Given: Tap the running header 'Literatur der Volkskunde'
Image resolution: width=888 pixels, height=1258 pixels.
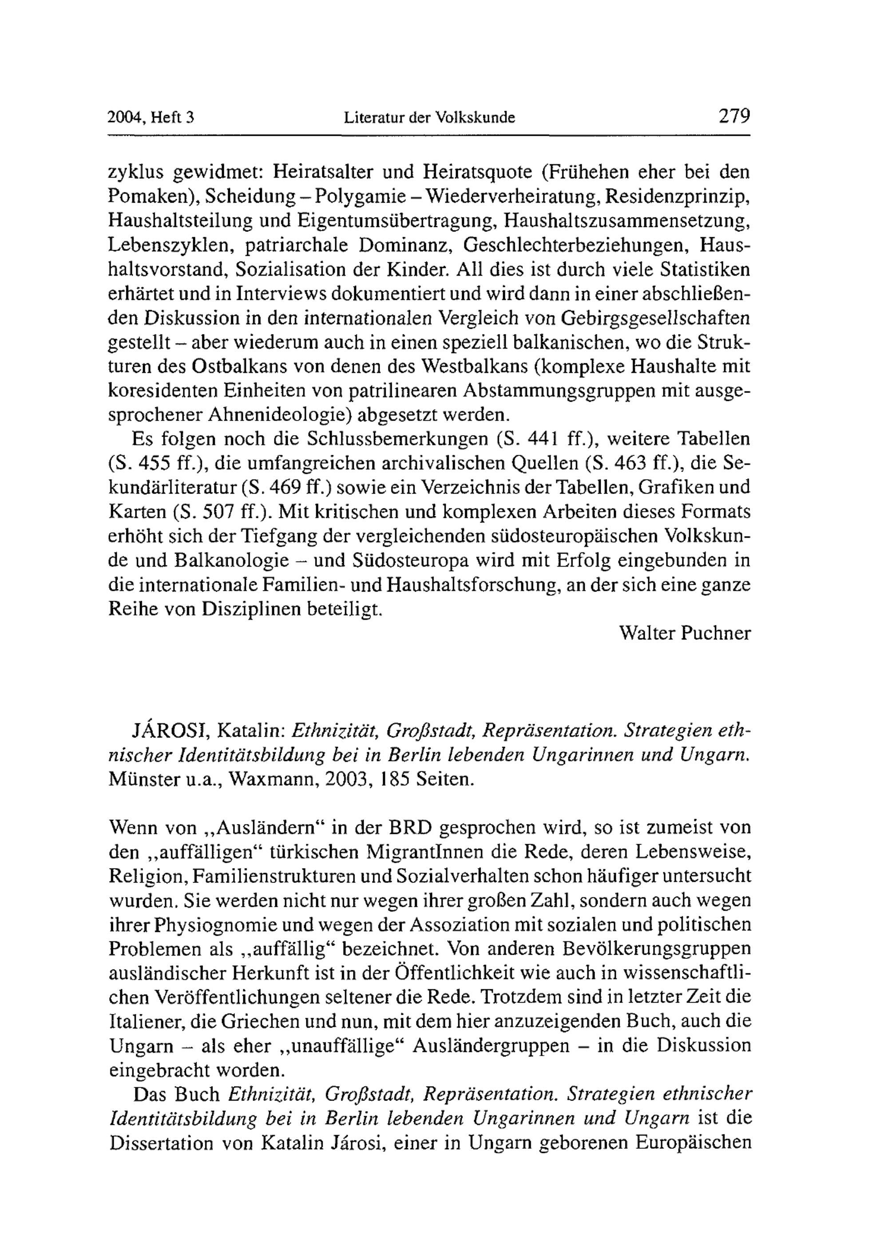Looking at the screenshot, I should [429, 117].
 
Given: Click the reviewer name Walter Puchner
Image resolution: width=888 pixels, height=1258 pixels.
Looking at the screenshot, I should [684, 633].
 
